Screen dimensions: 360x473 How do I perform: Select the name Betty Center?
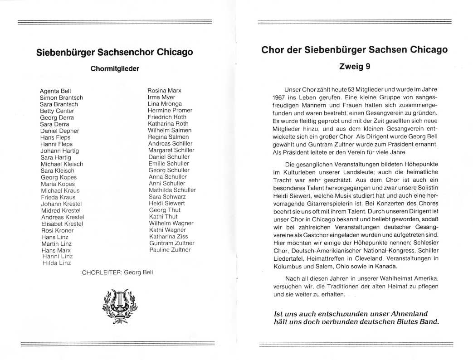tap(57, 111)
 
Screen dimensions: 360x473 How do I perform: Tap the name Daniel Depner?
tap(60, 131)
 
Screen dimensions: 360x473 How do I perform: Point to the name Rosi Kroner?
tap(57, 230)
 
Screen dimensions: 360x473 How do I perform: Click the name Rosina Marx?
tap(165, 91)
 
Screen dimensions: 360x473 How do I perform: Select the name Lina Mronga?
tap(165, 104)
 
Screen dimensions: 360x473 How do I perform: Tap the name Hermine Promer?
tap(170, 110)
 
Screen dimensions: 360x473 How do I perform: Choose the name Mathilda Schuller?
tap(172, 190)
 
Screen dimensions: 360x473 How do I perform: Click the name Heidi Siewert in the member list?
tap(167, 203)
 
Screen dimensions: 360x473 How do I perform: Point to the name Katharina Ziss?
tap(168, 236)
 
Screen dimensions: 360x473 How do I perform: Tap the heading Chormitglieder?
tap(114, 69)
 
